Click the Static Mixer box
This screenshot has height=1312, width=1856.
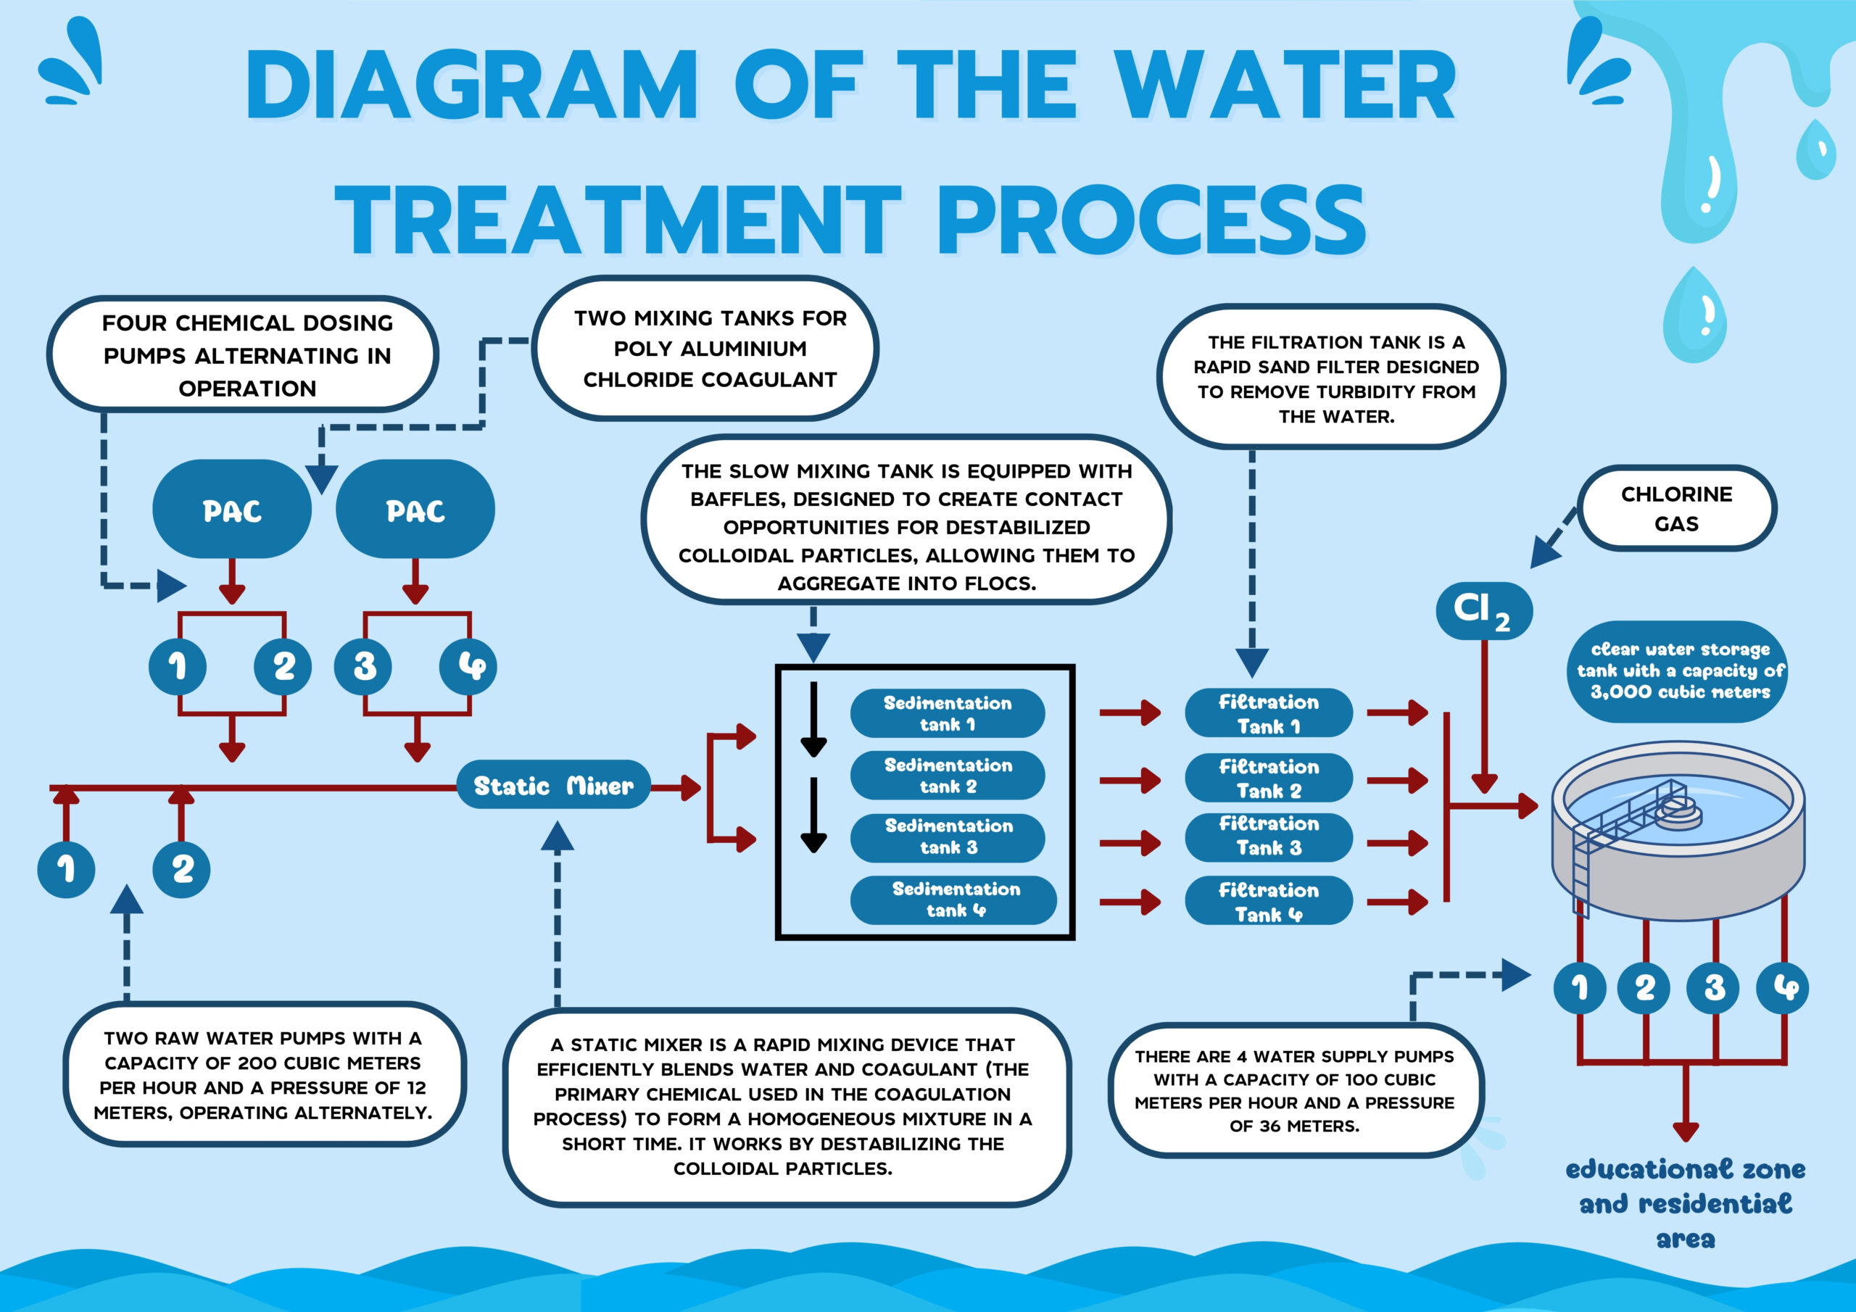553,785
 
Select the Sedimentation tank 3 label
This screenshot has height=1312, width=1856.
948,837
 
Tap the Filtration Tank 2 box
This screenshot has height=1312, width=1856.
1268,778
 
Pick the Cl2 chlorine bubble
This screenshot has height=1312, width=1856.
1483,610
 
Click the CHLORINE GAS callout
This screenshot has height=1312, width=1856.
1676,508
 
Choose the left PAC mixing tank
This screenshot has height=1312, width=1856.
232,510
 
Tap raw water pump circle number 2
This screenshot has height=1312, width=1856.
182,869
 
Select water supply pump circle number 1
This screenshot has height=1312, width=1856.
1580,987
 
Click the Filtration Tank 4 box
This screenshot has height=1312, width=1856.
1268,901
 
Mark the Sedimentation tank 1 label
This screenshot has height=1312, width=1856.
948,713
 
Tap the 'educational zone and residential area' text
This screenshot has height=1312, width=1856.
1686,1203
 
